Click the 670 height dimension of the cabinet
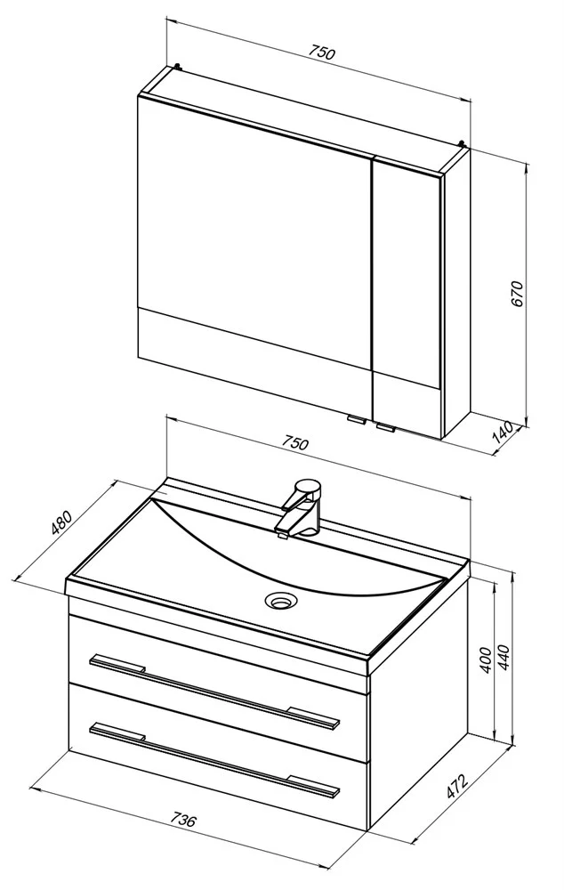(518, 293)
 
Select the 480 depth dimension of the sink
(62, 522)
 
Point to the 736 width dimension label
(183, 820)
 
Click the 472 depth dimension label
(455, 786)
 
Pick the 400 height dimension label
(486, 659)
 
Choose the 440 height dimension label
(504, 657)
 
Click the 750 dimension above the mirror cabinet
(322, 52)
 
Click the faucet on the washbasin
(300, 507)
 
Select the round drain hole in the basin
(281, 599)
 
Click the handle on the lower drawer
(214, 758)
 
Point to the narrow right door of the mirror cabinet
(407, 298)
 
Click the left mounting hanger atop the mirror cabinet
(179, 68)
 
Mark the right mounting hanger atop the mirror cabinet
(463, 144)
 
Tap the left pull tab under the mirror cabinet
(357, 420)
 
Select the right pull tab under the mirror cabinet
(386, 427)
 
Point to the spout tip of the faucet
(280, 533)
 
